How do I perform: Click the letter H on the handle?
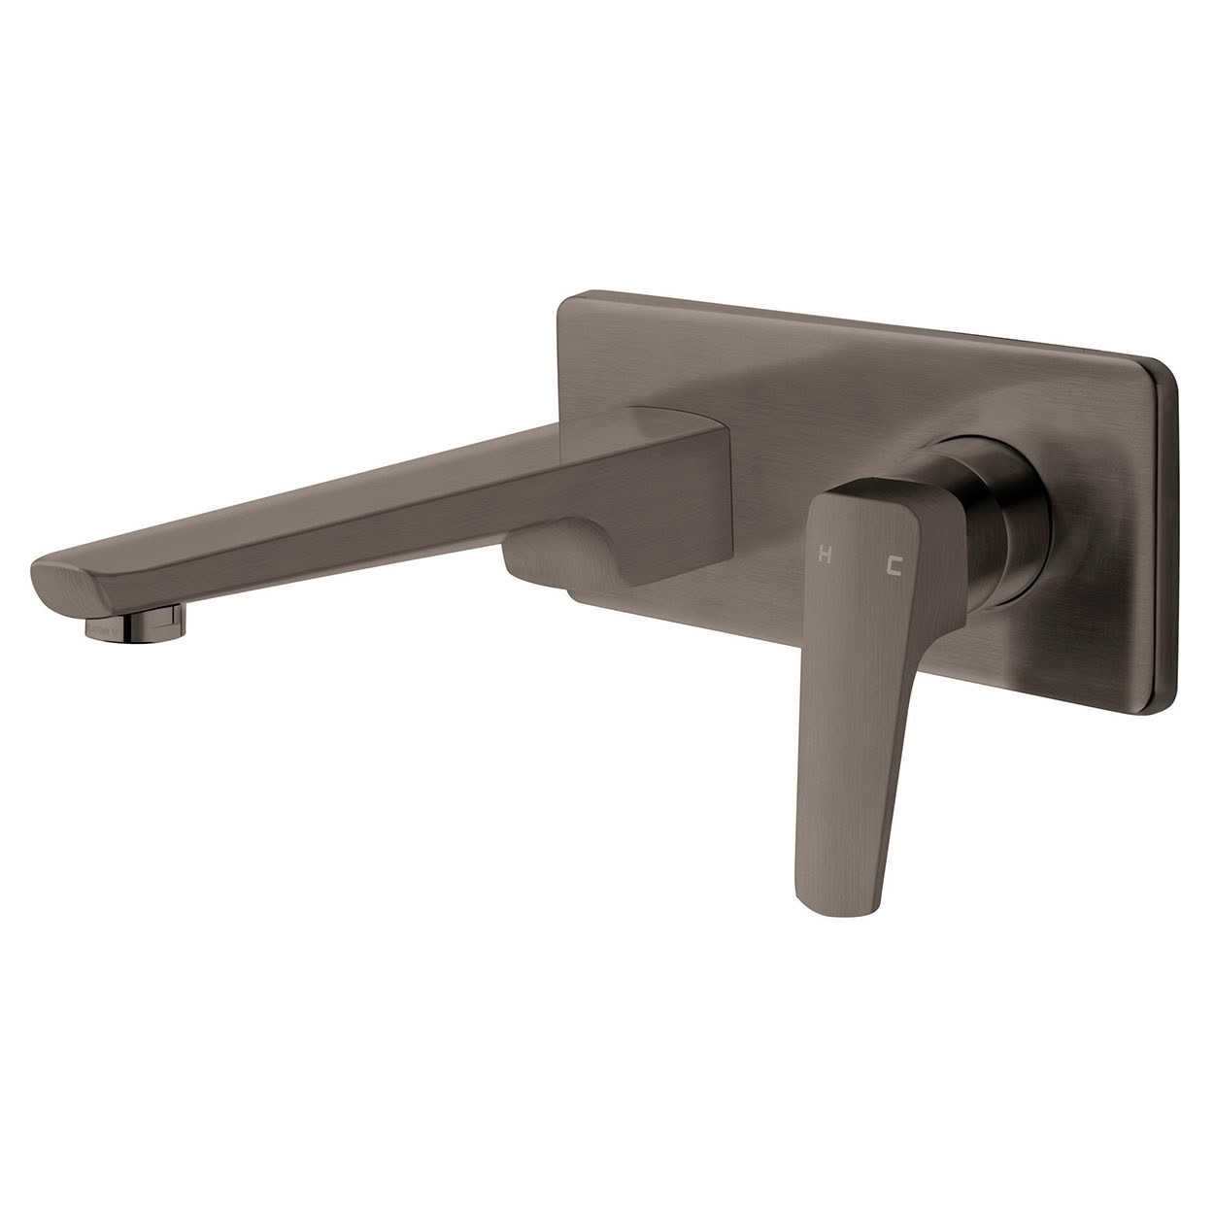pyautogui.click(x=825, y=556)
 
